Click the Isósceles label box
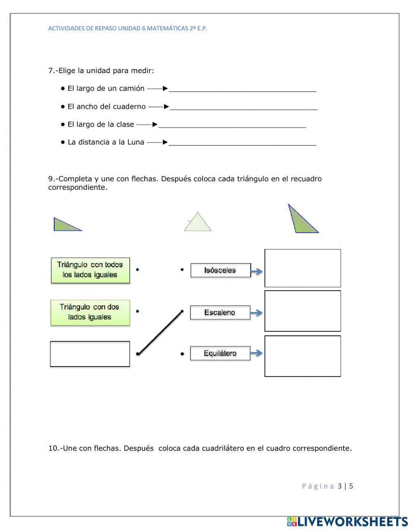point(220,270)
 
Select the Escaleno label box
point(220,312)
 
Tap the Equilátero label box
point(220,353)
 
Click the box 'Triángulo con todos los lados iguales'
point(90,270)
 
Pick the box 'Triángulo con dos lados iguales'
point(90,312)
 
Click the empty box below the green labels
point(90,354)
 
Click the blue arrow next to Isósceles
point(257,271)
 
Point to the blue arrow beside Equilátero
point(257,353)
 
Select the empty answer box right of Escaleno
point(302,311)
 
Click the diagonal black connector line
point(160,333)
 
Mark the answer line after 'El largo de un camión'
point(242,90)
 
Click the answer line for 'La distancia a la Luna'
point(242,144)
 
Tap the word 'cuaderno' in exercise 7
point(129,106)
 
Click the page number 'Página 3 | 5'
point(328,486)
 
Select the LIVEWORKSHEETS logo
point(347,521)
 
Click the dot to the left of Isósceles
point(182,270)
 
